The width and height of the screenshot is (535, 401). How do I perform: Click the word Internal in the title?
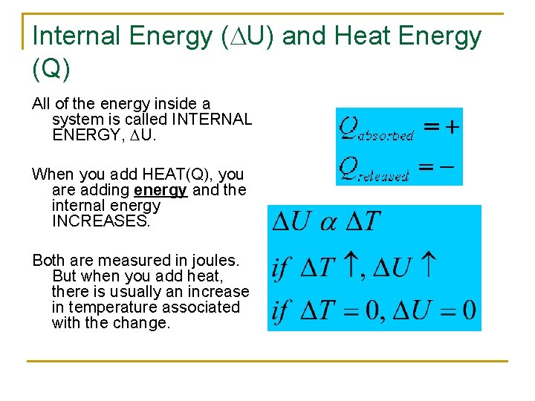pos(78,36)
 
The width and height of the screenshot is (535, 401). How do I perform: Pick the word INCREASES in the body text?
pos(100,221)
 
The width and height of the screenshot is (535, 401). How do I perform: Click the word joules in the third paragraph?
pos(213,261)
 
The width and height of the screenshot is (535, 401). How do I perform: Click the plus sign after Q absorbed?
pos(451,127)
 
